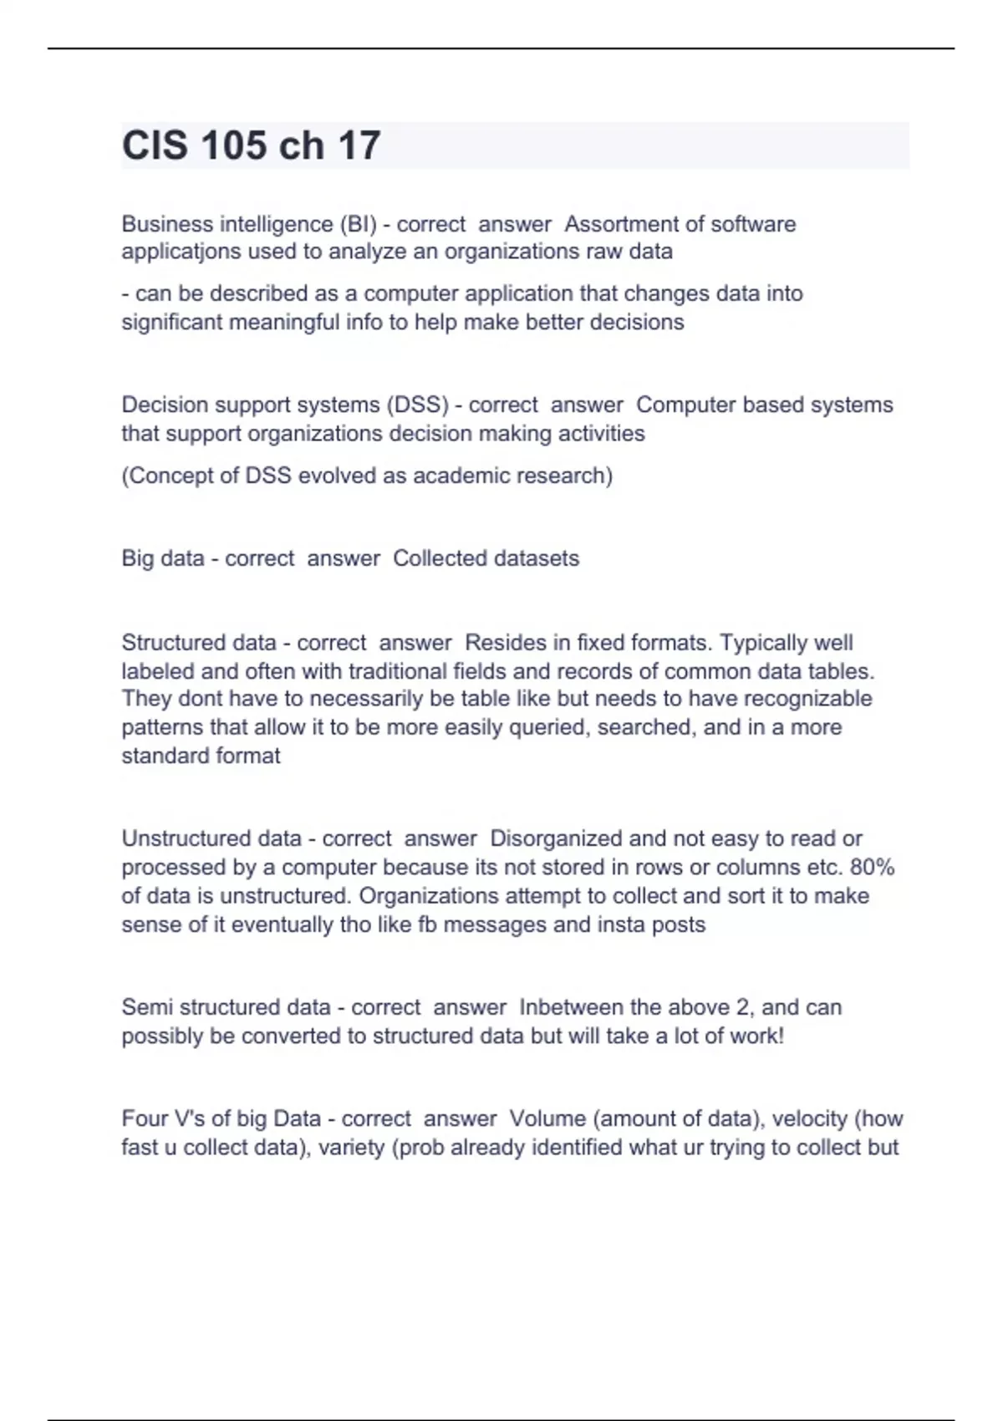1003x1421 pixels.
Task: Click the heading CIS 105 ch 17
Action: click(x=251, y=145)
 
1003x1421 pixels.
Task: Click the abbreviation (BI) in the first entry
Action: click(x=358, y=224)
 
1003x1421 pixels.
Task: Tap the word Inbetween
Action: click(x=571, y=1007)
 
